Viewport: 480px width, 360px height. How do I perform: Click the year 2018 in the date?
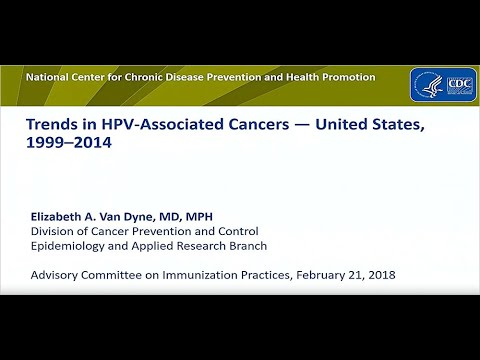click(378, 274)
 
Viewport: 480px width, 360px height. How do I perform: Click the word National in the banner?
click(50, 77)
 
